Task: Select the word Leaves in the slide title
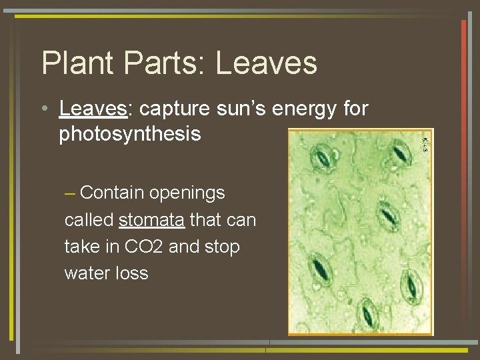[x=267, y=63]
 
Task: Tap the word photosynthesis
[x=130, y=134]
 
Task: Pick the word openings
[x=187, y=193]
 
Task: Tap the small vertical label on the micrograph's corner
[x=426, y=143]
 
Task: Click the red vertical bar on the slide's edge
[x=463, y=73]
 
